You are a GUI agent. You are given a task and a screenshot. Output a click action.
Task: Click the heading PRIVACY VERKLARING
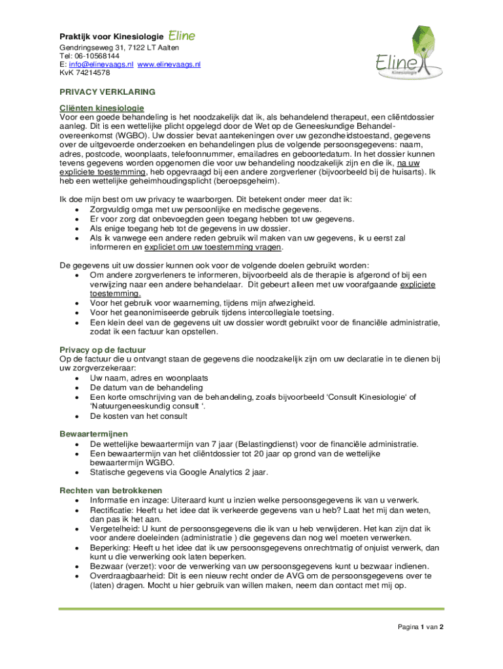107,92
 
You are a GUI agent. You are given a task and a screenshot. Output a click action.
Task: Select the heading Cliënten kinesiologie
102,108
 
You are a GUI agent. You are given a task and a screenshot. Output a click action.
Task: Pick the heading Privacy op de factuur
103,350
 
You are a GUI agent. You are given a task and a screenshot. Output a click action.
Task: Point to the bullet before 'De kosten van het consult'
78,416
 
